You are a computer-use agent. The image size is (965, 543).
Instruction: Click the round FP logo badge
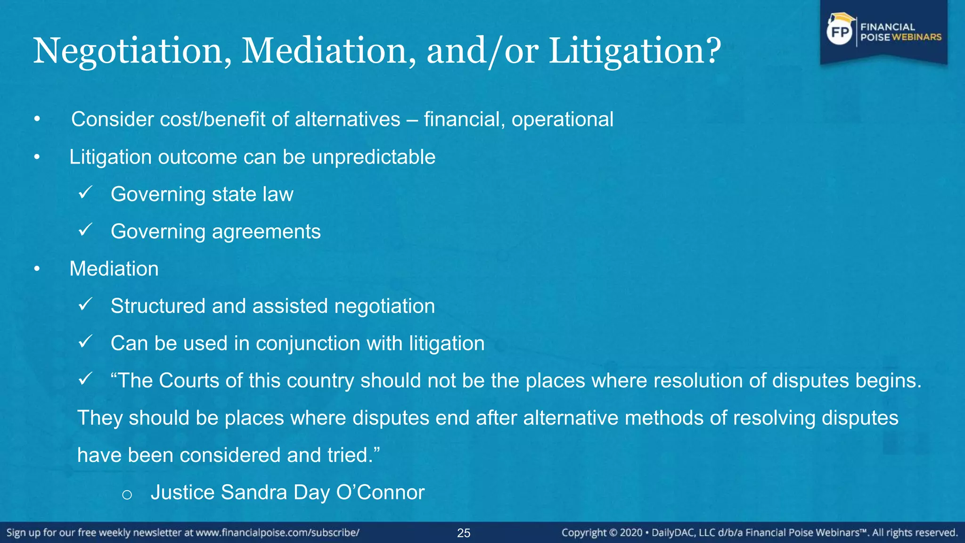(840, 32)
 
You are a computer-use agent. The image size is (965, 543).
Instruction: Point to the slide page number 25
(464, 533)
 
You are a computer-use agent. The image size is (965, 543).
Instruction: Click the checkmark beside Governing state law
(85, 192)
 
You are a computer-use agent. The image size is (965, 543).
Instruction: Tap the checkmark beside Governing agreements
(85, 230)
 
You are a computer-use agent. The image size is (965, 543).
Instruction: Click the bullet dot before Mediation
(37, 269)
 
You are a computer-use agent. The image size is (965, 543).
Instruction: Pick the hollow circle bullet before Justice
(127, 494)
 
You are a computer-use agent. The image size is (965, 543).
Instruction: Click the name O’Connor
(380, 493)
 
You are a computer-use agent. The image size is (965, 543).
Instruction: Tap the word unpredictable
(373, 157)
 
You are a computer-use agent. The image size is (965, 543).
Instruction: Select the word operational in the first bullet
(562, 119)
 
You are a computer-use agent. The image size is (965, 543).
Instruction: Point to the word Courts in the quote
(189, 380)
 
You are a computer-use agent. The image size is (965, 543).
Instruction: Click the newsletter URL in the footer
(278, 533)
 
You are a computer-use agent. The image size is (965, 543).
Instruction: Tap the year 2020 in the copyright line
(631, 533)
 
